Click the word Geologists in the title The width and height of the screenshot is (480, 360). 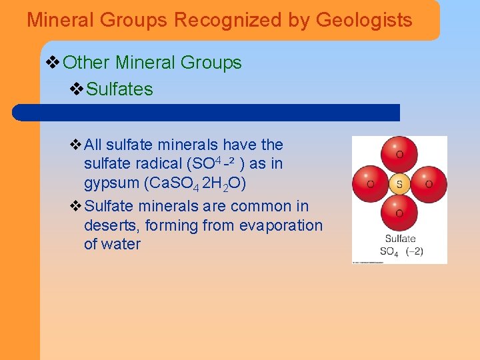pos(364,20)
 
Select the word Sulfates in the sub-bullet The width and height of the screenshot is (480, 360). pos(120,89)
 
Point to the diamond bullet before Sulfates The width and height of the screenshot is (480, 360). pos(77,89)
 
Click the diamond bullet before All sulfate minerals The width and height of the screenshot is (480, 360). pos(75,145)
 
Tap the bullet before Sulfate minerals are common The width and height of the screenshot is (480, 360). pos(75,206)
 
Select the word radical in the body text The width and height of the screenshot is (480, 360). pos(159,163)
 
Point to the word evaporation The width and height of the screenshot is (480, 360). pos(279,225)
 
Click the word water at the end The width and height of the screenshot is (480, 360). pos(121,244)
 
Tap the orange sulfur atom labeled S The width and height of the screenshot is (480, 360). pos(399,183)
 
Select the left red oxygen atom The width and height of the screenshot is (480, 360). pos(371,183)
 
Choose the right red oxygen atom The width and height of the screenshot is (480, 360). pos(427,183)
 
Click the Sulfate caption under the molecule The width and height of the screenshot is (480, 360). pos(400,238)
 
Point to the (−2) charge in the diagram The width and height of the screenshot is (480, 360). pos(413,251)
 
